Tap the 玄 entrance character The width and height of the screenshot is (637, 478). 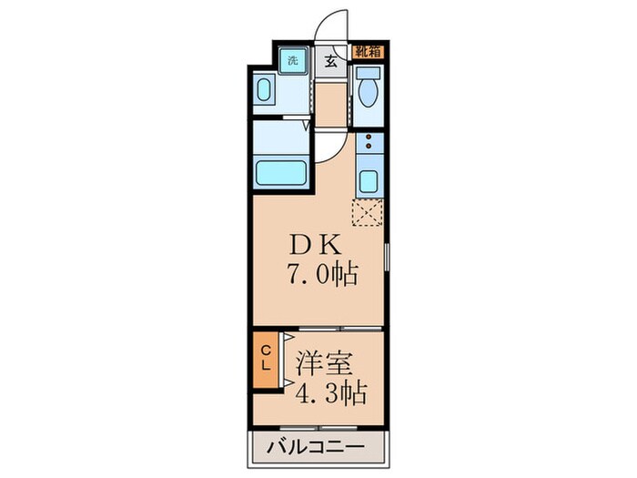click(330, 61)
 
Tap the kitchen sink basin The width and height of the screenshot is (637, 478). click(369, 178)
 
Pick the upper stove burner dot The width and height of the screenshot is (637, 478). click(369, 140)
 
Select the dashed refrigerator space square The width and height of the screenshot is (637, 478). click(369, 213)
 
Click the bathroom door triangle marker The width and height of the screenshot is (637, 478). click(298, 117)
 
